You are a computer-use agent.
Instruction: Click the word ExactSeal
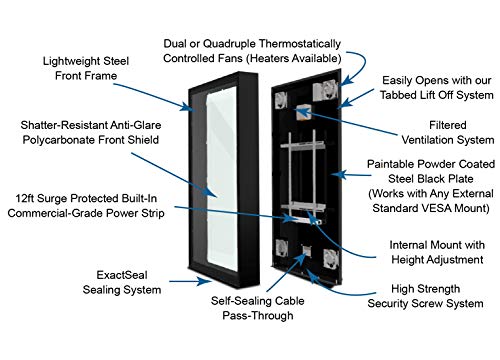[x=122, y=275]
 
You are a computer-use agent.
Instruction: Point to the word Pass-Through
[x=258, y=315]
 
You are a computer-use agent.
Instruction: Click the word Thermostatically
[x=300, y=44]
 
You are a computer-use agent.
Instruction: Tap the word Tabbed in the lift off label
[x=398, y=95]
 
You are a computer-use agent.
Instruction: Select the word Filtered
[x=447, y=125]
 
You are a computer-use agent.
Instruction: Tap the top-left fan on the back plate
[x=281, y=100]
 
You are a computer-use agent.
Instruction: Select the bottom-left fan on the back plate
[x=282, y=248]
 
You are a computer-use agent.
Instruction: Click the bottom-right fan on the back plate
[x=331, y=258]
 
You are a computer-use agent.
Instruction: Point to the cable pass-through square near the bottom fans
[x=306, y=251]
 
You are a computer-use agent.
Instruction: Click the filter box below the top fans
[x=303, y=112]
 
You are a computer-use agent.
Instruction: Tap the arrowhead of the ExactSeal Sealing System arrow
[x=203, y=281]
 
